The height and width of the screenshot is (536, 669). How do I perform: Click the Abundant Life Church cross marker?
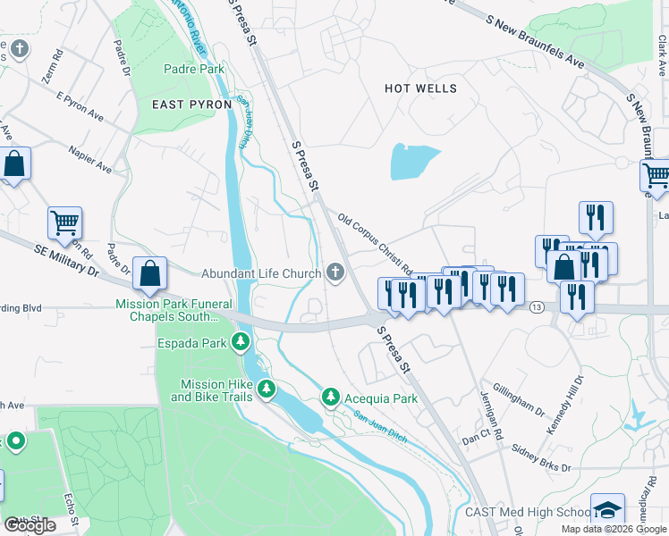[x=335, y=272]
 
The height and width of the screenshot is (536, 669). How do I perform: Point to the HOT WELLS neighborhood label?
[x=420, y=89]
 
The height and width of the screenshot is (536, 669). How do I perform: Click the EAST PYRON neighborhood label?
[x=192, y=105]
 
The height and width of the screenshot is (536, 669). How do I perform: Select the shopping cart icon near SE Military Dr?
[x=64, y=223]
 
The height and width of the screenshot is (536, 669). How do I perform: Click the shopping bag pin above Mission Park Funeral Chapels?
[x=149, y=272]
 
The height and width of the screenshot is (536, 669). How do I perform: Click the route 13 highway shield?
[x=536, y=307]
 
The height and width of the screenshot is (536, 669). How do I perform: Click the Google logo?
[x=30, y=525]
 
